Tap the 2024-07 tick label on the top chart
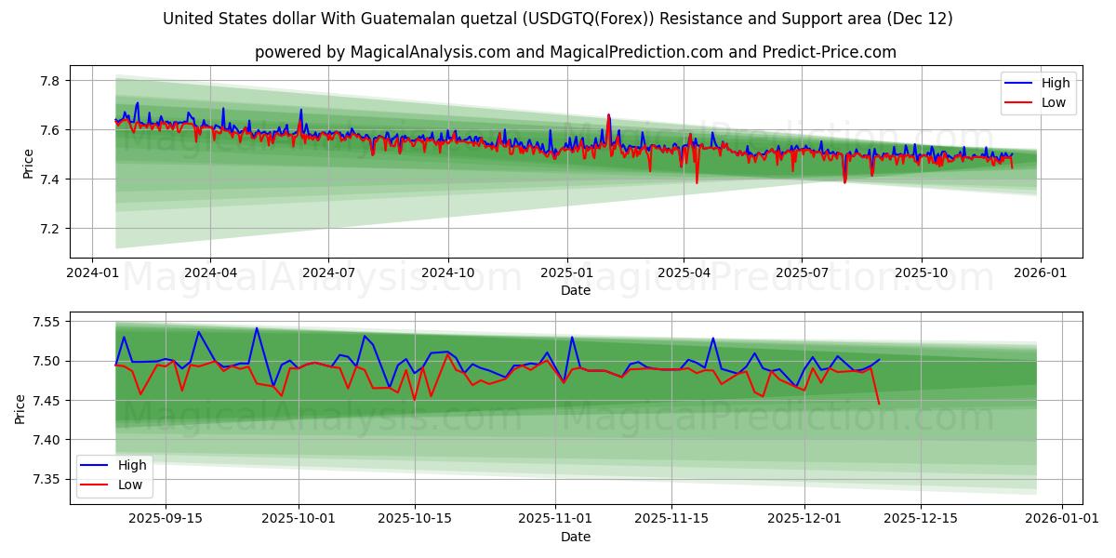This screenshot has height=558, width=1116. tap(328, 272)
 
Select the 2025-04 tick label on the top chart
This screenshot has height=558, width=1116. tap(684, 272)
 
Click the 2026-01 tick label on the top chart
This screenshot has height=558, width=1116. tap(1040, 272)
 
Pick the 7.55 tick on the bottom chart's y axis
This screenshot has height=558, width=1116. tap(45, 323)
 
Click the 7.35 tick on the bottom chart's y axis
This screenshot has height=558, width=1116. tap(45, 480)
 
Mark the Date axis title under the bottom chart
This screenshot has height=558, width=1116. tap(576, 537)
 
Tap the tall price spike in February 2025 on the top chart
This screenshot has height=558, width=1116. tap(608, 116)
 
